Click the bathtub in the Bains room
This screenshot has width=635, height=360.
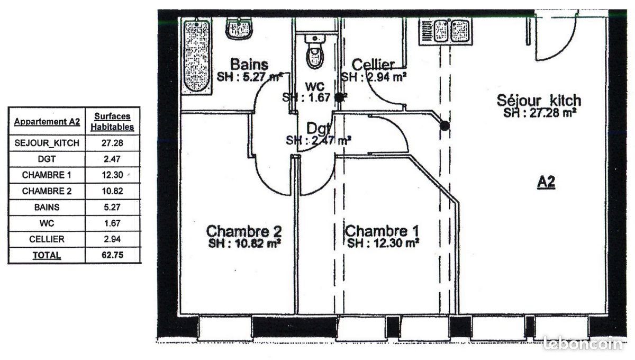click(196, 56)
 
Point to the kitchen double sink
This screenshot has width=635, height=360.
click(446, 30)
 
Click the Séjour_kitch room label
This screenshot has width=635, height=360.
click(539, 100)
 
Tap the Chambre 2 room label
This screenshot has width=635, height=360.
click(243, 231)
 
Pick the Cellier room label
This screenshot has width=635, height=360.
click(374, 65)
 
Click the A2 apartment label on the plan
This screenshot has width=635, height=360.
click(546, 182)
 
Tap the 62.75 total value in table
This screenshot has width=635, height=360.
click(112, 255)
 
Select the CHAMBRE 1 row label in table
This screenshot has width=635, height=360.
click(47, 175)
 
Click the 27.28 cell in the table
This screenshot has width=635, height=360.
click(112, 143)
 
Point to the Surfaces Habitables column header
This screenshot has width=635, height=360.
click(112, 122)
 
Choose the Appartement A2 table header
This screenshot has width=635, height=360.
click(47, 122)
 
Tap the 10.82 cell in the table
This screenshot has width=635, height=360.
click(112, 191)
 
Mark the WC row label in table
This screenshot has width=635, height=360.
click(47, 223)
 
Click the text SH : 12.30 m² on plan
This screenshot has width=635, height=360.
click(384, 244)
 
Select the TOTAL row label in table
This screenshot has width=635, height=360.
click(47, 255)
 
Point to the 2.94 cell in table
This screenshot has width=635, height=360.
click(112, 239)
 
